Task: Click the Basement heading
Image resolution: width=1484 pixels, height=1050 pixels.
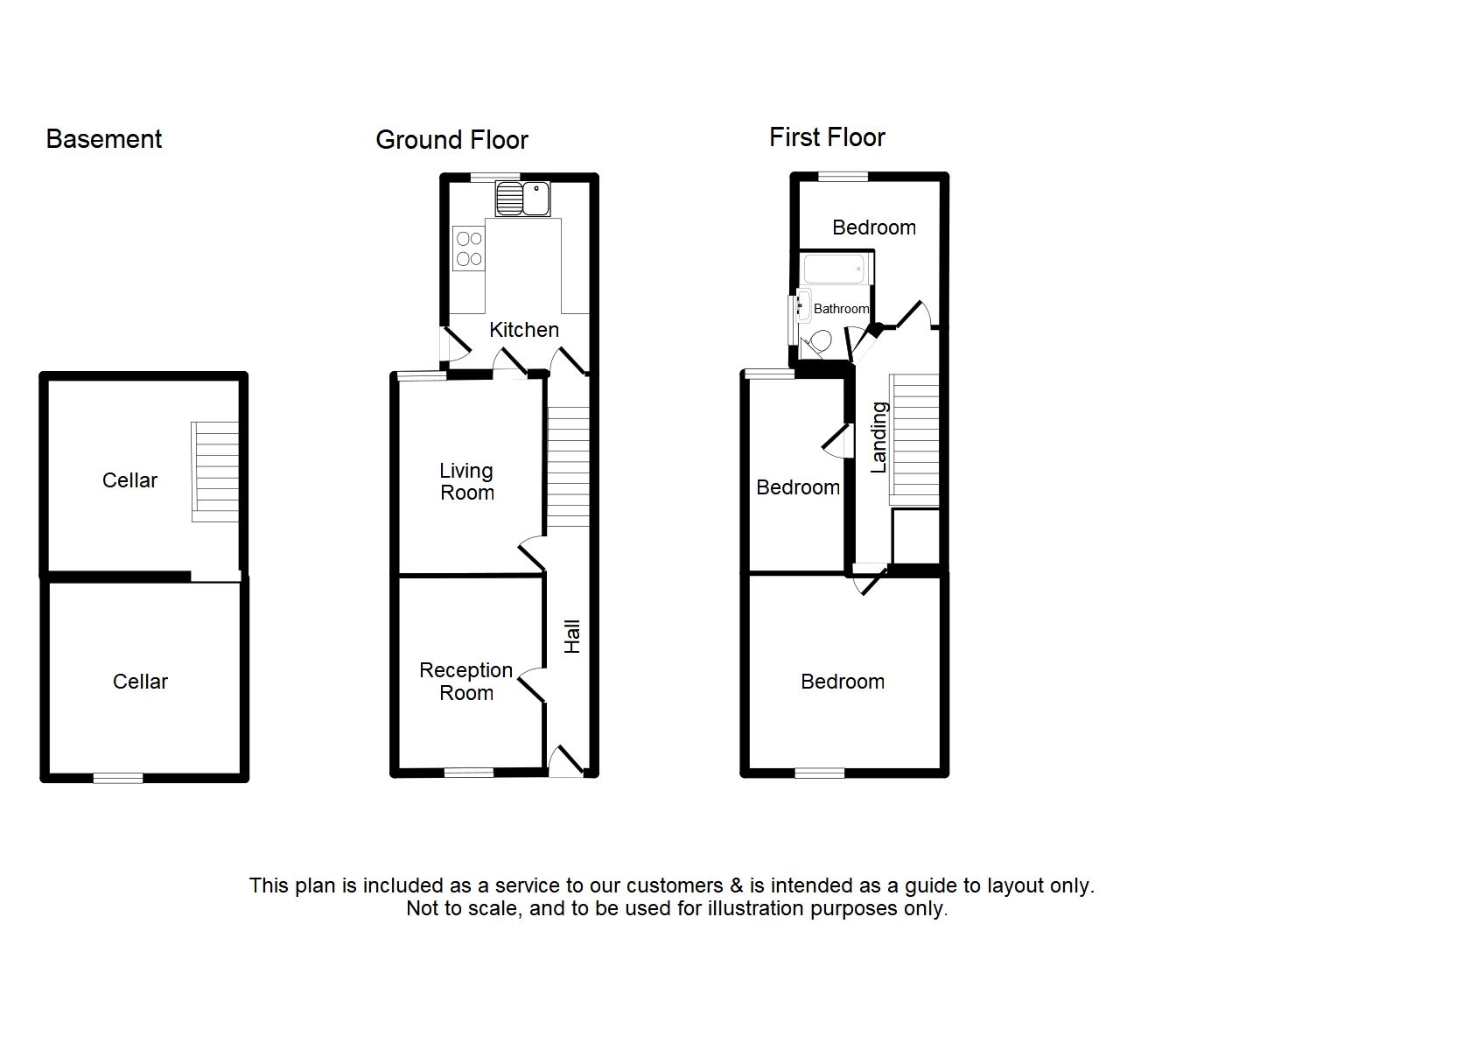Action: pyautogui.click(x=103, y=139)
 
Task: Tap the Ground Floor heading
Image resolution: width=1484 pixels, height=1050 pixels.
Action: pyautogui.click(x=451, y=140)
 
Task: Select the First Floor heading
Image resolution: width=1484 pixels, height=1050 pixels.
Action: pyautogui.click(x=826, y=137)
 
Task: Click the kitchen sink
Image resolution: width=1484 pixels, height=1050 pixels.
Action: pyautogui.click(x=522, y=199)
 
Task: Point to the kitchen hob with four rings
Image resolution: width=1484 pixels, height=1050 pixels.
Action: pyautogui.click(x=469, y=248)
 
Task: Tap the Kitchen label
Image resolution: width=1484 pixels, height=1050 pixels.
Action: pyautogui.click(x=523, y=330)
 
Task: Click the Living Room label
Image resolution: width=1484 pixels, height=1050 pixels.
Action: pyautogui.click(x=466, y=482)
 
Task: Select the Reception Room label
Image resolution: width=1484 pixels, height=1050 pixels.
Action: pyautogui.click(x=465, y=682)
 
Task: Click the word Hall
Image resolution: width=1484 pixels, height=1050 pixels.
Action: pyautogui.click(x=572, y=636)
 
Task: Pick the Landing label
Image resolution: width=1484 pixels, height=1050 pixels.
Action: pyautogui.click(x=879, y=437)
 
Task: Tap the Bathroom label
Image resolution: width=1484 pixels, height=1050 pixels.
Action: pyautogui.click(x=841, y=309)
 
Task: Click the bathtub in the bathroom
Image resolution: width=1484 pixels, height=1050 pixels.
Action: pyautogui.click(x=837, y=269)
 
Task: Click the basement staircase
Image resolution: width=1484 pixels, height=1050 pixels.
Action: pyautogui.click(x=215, y=472)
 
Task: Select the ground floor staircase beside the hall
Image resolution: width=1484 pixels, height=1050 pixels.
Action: pyautogui.click(x=568, y=468)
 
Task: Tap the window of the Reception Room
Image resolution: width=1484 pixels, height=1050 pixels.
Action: pyautogui.click(x=469, y=772)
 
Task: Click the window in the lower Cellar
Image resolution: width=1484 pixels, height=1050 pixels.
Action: pyautogui.click(x=118, y=777)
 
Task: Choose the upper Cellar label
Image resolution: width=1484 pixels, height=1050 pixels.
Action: pyautogui.click(x=129, y=480)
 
